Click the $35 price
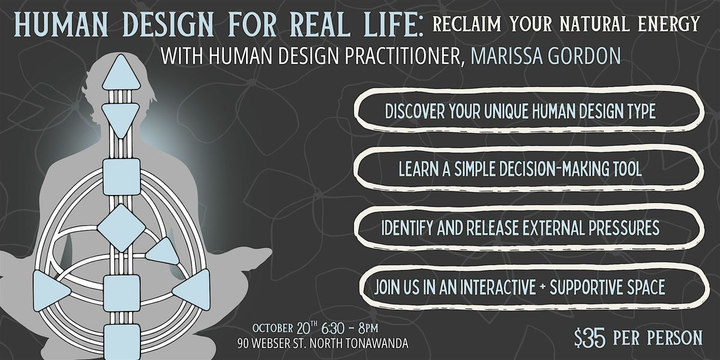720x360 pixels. (589, 338)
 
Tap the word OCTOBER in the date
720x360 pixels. (272, 328)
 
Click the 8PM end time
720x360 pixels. (368, 328)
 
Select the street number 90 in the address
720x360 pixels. (244, 344)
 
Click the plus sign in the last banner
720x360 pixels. (542, 286)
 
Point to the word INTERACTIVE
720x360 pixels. (497, 287)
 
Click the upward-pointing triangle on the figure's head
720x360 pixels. (121, 72)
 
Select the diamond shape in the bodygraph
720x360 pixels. (121, 228)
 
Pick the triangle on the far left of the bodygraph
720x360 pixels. (52, 291)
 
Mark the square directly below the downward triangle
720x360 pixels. (121, 177)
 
